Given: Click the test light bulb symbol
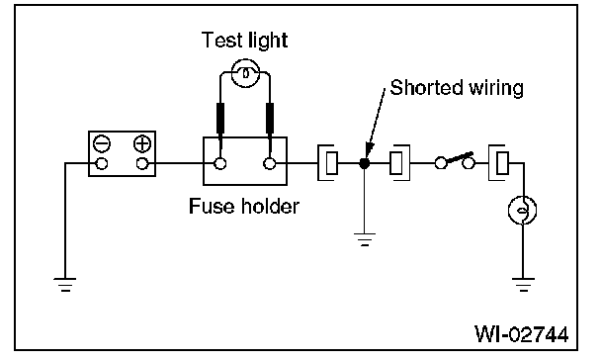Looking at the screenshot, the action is (245, 73).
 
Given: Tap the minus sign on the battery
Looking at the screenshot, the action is (102, 144).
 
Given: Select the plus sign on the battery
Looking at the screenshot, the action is (142, 144).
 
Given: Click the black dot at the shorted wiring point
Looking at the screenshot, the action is (364, 164).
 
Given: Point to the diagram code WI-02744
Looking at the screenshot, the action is (521, 334).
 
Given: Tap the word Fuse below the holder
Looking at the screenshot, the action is (212, 207).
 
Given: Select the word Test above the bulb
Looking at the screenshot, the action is (218, 40).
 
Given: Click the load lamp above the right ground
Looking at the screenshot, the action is (523, 210).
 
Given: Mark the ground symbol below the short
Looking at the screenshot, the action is (365, 238).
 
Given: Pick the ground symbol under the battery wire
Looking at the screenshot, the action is (65, 285).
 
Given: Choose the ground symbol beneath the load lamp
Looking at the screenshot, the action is (523, 285).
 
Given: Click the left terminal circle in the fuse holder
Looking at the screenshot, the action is (219, 164).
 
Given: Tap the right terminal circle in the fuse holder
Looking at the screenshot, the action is (270, 164).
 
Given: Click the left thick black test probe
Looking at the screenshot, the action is (220, 119).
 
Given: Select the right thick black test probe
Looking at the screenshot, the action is (270, 119).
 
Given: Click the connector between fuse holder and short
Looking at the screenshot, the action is (328, 163).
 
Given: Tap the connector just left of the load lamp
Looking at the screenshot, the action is (498, 163).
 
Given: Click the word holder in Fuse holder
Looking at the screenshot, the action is (270, 207).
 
